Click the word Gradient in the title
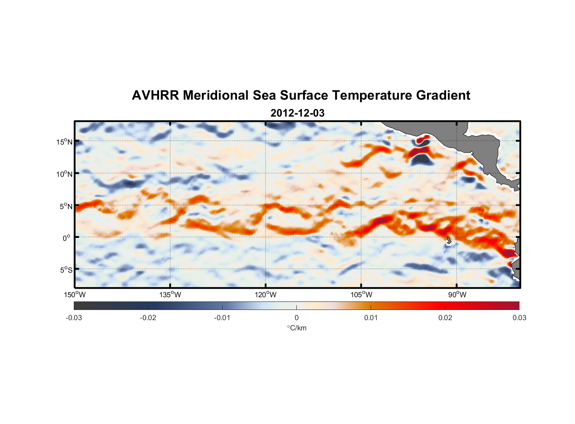(x=443, y=95)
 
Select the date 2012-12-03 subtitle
(x=297, y=113)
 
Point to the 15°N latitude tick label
(x=64, y=142)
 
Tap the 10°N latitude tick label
(x=64, y=174)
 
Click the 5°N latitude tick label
(x=66, y=206)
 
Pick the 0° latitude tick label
(x=66, y=238)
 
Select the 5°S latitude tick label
(x=66, y=270)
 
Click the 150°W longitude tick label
(x=75, y=295)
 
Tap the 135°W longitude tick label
(x=170, y=295)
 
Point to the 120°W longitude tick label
(x=265, y=295)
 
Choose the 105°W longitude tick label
(x=361, y=295)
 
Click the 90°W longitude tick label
(x=457, y=295)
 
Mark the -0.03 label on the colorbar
(x=74, y=318)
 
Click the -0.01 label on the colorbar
(x=222, y=318)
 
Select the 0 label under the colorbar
(x=296, y=318)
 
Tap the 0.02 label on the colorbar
(x=445, y=318)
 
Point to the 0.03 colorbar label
(x=519, y=318)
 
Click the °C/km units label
(x=297, y=328)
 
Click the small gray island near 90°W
(x=449, y=240)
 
